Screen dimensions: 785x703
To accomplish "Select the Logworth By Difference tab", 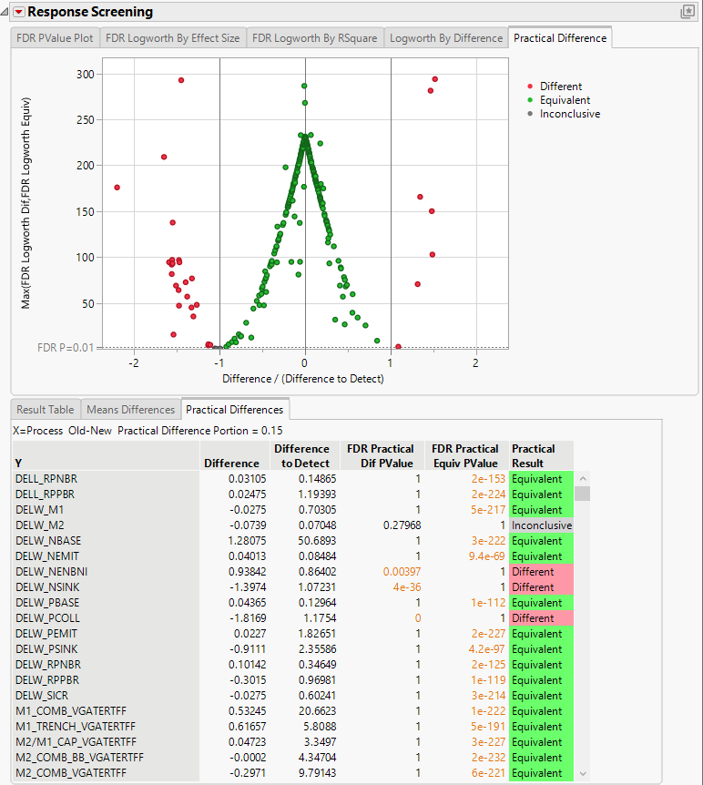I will [x=445, y=38].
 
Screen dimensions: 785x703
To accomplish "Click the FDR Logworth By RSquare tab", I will [x=314, y=38].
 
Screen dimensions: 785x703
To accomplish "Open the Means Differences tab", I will [x=130, y=410].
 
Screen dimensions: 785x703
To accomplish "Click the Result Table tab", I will [x=46, y=410].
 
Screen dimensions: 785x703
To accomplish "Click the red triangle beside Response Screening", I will [x=17, y=13].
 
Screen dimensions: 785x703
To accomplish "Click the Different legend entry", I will [x=560, y=87].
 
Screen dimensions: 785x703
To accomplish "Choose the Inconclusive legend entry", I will [x=569, y=114].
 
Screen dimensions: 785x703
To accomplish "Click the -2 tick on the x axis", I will [x=135, y=363].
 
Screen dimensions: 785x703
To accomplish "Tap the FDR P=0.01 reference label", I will [x=65, y=347].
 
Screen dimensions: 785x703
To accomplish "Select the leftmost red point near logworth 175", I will [x=117, y=188].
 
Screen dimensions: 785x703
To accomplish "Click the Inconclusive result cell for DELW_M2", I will [x=541, y=525].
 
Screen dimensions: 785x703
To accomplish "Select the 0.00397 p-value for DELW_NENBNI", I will [x=393, y=572].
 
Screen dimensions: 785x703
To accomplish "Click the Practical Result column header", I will [x=534, y=455].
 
